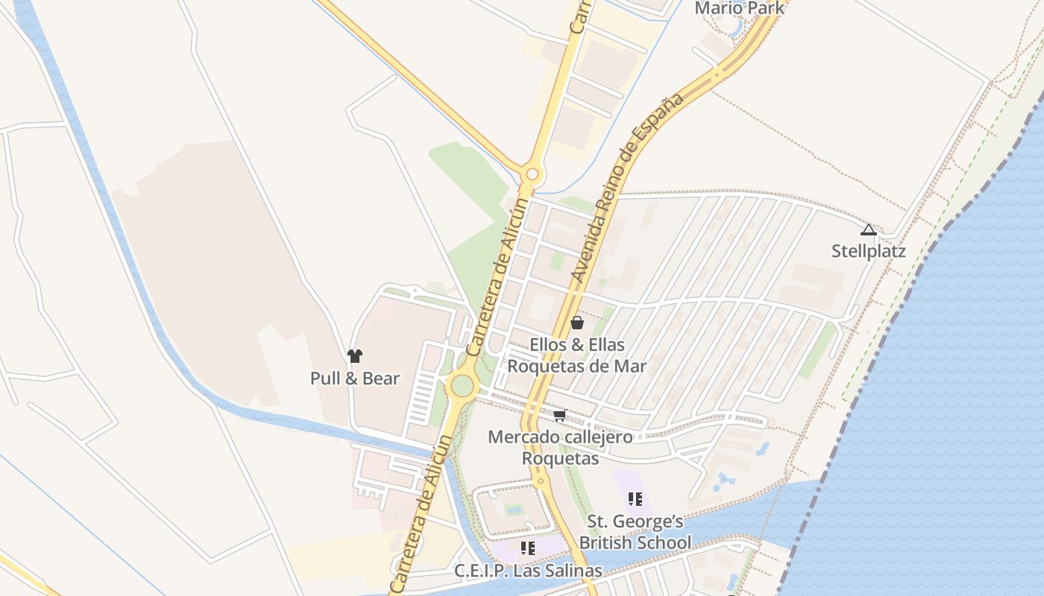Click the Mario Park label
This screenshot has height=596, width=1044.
[739, 8]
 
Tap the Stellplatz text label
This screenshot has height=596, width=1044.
[868, 251]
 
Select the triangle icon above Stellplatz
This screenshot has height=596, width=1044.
[868, 229]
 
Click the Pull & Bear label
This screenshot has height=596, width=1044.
[355, 378]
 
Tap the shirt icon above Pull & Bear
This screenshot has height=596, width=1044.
[355, 356]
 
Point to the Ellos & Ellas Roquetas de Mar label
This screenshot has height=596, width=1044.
[577, 355]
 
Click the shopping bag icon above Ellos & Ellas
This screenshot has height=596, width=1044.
[577, 323]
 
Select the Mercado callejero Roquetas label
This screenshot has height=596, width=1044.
[560, 447]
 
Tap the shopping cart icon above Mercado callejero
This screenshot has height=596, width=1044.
[560, 415]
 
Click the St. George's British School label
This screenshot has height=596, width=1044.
[635, 532]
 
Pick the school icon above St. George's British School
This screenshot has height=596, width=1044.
[635, 499]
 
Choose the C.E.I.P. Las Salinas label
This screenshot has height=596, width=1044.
[528, 571]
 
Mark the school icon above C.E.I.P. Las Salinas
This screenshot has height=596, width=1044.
[528, 549]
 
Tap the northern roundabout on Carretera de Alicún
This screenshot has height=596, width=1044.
[532, 175]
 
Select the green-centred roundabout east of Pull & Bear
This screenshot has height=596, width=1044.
[462, 386]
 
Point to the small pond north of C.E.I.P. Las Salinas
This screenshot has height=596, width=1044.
[513, 510]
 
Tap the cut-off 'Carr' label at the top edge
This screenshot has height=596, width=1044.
[579, 16]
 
